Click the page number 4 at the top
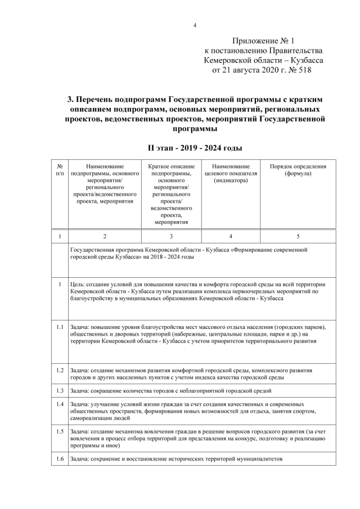(x=195, y=25)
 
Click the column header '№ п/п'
(x=60, y=170)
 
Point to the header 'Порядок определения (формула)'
(x=298, y=170)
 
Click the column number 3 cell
(x=171, y=236)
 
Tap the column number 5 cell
(x=298, y=236)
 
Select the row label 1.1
(x=60, y=327)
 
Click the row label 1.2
(x=60, y=371)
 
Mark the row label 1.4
(x=60, y=404)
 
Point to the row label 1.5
(x=60, y=431)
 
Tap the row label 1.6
(x=60, y=458)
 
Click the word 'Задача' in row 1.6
(x=80, y=458)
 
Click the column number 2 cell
(x=105, y=236)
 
